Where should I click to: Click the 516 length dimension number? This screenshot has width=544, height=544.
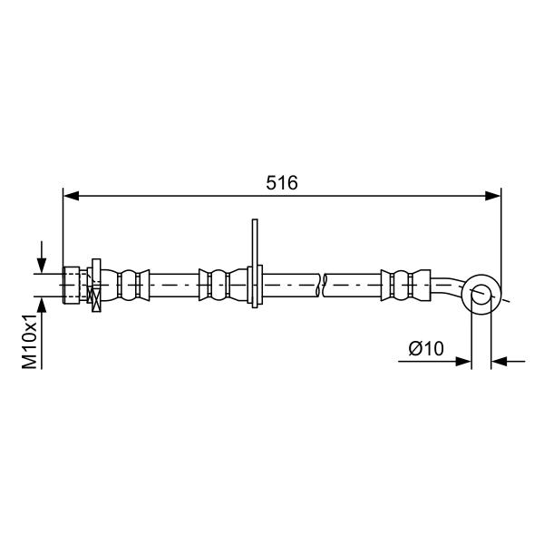click(282, 183)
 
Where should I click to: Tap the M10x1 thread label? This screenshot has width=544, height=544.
click(30, 342)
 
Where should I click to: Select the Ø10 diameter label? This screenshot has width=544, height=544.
click(426, 349)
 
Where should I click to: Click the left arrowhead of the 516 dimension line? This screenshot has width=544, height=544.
click(71, 196)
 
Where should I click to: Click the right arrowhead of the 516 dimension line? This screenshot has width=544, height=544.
click(493, 196)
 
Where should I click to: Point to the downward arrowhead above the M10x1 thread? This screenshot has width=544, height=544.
click(42, 266)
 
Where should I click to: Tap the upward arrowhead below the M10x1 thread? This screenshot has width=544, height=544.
click(42, 305)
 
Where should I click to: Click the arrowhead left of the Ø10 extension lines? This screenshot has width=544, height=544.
click(463, 362)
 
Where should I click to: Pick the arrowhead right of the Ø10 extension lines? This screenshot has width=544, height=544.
click(500, 362)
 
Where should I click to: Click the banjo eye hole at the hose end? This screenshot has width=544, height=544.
click(481, 294)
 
